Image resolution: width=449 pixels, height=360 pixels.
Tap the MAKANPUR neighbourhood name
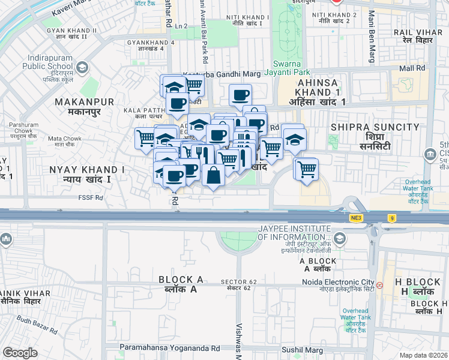point(77,103)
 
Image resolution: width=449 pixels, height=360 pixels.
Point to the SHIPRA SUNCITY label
point(375,127)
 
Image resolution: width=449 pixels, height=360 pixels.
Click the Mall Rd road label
point(412,68)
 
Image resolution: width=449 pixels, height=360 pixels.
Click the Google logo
point(20,352)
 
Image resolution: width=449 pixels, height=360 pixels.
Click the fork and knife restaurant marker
point(202,154)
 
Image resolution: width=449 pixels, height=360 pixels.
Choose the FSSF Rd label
point(91,197)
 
